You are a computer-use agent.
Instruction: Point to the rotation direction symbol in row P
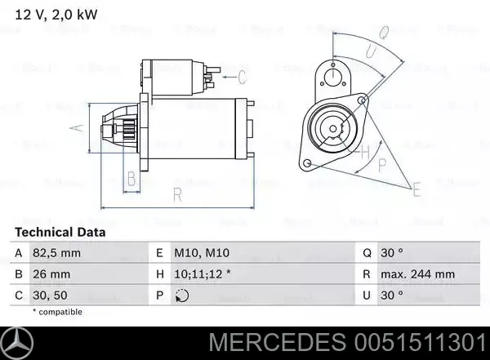[184, 295]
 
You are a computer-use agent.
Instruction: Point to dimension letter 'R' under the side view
[177, 194]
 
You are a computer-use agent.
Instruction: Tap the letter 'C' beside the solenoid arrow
[243, 78]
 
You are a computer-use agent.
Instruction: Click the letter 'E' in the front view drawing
[416, 191]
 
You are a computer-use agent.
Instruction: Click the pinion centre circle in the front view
[333, 127]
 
